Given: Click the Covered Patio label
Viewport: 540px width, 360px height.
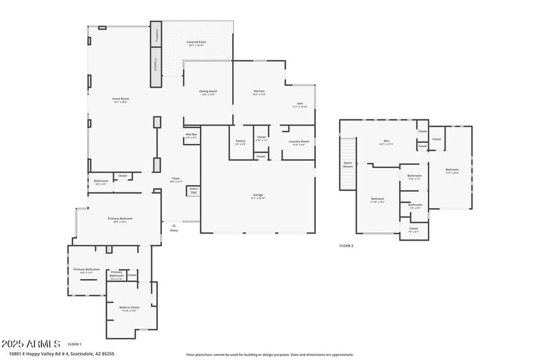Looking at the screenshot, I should tap(196, 42).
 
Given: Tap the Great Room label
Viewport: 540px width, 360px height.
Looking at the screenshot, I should tap(120, 99).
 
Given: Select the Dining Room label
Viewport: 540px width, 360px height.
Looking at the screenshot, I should tap(208, 91).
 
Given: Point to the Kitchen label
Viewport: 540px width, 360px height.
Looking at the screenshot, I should tap(259, 91).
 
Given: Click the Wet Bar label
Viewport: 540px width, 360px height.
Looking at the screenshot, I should tap(191, 134).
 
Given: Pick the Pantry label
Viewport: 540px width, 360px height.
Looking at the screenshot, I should tap(240, 141).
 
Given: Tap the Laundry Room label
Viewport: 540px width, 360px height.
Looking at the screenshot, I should tap(298, 141).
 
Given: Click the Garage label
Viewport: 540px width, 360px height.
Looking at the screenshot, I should tap(258, 196).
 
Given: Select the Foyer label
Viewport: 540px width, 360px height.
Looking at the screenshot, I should tap(175, 178).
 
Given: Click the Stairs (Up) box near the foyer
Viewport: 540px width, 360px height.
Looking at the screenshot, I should tap(194, 190).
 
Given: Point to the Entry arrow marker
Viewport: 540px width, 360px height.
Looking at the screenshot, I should tap(174, 226).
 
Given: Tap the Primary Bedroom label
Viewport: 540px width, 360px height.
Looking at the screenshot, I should tap(120, 219).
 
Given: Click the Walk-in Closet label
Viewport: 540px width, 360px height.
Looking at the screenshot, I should tap(129, 307).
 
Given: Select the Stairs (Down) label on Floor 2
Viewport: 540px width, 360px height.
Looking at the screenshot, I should tap(348, 164).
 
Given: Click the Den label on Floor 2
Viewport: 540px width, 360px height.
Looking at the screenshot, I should tap(386, 141).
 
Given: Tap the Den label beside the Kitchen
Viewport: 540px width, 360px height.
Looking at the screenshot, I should tap(300, 103).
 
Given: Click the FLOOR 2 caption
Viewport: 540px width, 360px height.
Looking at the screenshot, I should tap(346, 246).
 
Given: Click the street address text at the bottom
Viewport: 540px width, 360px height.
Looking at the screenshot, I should tap(61, 353).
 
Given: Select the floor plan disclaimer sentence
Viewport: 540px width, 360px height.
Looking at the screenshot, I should tap(269, 354).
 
